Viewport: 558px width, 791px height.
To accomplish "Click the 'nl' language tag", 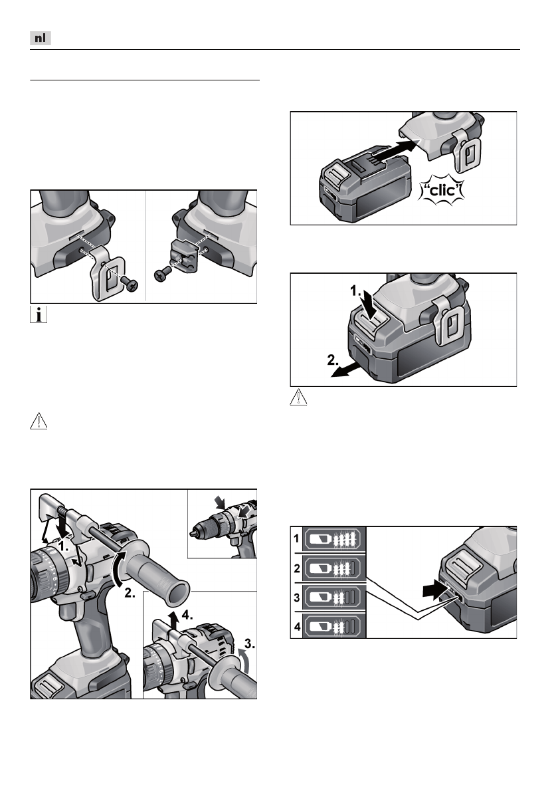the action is coord(41,39).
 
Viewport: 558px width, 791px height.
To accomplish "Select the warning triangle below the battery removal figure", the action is coord(300,399).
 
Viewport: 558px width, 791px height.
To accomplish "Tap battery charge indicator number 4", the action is coord(298,625).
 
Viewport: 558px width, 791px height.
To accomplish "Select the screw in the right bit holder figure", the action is coord(159,273).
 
